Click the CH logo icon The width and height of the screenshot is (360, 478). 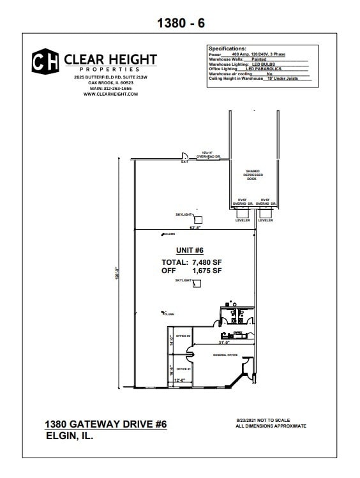pyautogui.click(x=45, y=61)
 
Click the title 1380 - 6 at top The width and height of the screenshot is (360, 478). pyautogui.click(x=181, y=23)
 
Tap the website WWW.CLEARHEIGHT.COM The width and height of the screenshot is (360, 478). pyautogui.click(x=110, y=94)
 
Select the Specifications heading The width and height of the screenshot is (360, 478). pyautogui.click(x=227, y=49)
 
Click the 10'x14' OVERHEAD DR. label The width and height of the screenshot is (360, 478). pyautogui.click(x=207, y=153)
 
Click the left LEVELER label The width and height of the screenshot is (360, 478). pyautogui.click(x=243, y=220)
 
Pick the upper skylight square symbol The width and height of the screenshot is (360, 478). pyautogui.click(x=198, y=219)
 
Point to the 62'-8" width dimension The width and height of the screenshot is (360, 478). pyautogui.click(x=195, y=227)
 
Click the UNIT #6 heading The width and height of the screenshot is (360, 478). pyautogui.click(x=190, y=250)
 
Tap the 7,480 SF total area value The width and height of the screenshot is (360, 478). pyautogui.click(x=206, y=262)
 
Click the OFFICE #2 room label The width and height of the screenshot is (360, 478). pyautogui.click(x=184, y=336)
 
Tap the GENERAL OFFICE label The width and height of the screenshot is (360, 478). pyautogui.click(x=225, y=354)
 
